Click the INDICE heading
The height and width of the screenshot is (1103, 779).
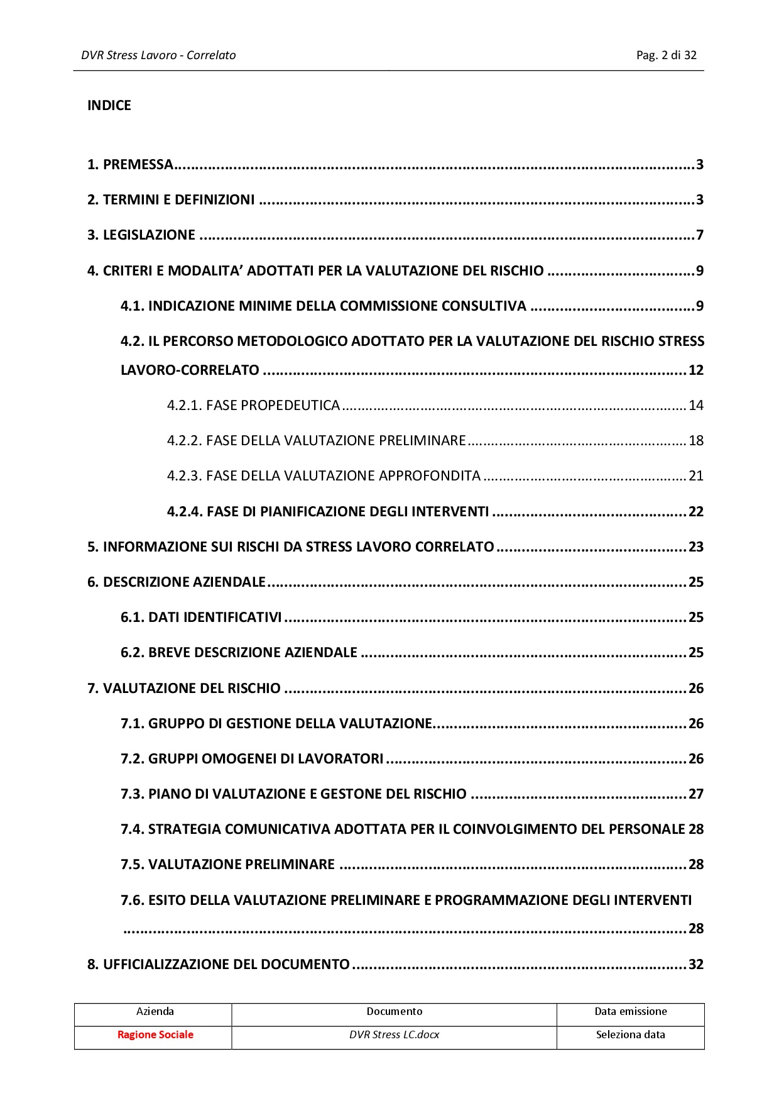click(109, 105)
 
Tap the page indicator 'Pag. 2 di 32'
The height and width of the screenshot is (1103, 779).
click(666, 55)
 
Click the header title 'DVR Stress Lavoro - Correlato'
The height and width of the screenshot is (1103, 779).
click(158, 55)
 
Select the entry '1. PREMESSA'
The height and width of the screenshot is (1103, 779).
click(130, 165)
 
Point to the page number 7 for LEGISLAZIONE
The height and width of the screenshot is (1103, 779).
click(699, 235)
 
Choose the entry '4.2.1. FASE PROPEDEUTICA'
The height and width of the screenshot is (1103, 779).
click(253, 405)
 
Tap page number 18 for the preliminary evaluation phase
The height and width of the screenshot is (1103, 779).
click(695, 440)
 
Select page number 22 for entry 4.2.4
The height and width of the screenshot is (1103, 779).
click(695, 511)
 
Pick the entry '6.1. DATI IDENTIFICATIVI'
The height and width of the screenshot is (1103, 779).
click(201, 617)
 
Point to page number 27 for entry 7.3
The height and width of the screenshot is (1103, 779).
click(695, 794)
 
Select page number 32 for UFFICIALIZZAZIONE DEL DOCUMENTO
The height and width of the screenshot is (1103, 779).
click(695, 964)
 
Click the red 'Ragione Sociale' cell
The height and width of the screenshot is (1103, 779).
click(155, 1034)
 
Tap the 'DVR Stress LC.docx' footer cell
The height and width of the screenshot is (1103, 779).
click(394, 1034)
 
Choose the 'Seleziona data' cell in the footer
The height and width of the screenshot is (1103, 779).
click(630, 1034)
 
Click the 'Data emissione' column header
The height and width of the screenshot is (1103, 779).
click(630, 1011)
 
